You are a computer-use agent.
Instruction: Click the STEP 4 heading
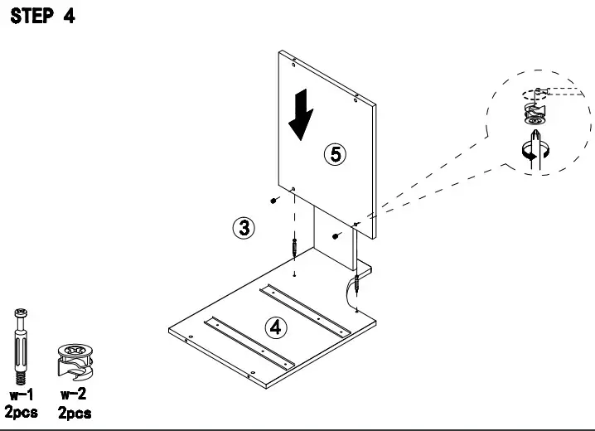click(41, 17)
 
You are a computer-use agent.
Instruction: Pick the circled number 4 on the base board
click(276, 326)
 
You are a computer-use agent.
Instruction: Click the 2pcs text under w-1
click(22, 412)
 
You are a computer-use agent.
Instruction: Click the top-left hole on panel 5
click(294, 61)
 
